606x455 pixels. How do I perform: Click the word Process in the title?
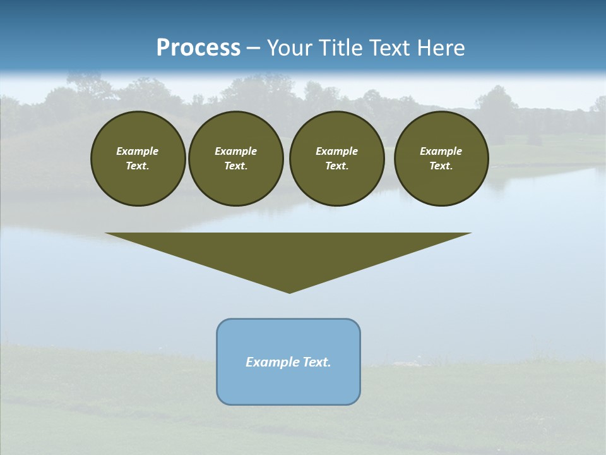pyautogui.click(x=198, y=48)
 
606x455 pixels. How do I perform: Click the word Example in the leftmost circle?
pyautogui.click(x=138, y=151)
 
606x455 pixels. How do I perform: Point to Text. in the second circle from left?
pyautogui.click(x=235, y=166)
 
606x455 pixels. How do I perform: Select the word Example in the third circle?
pyautogui.click(x=336, y=151)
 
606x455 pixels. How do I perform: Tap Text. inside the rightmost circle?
pyautogui.click(x=441, y=166)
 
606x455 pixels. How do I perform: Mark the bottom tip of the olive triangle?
pyautogui.click(x=289, y=292)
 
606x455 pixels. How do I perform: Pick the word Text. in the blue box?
pyautogui.click(x=317, y=362)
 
